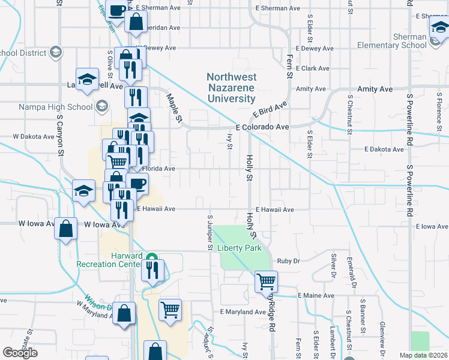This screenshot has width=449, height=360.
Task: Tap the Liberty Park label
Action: click(x=240, y=248)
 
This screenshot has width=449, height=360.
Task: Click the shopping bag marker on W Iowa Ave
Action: click(x=66, y=228)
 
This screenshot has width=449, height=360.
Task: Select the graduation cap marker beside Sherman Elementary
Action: click(x=439, y=28)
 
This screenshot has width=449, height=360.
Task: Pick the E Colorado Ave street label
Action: click(x=262, y=127)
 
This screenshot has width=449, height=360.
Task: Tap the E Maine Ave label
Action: click(x=316, y=296)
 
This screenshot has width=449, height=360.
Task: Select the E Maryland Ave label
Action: click(x=243, y=312)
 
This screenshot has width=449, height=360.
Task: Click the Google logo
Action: click(x=20, y=352)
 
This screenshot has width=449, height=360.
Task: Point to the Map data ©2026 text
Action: click(x=423, y=355)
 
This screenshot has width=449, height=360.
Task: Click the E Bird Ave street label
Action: click(x=270, y=110)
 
